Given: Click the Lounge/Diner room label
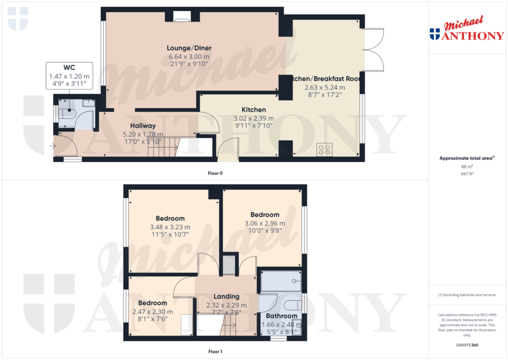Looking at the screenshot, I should point(189,48).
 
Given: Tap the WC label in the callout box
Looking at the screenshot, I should point(69,68).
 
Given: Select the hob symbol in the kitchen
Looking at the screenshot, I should point(324,149).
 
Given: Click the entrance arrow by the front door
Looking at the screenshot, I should point(53,146).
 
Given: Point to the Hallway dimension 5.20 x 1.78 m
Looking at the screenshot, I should point(143,134).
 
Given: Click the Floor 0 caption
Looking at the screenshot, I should point(215,173).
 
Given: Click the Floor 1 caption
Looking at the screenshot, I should point(215,352).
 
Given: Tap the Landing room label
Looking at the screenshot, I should point(226,296).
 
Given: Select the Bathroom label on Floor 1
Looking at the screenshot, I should point(281,316).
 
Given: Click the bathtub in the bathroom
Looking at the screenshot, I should point(281,281).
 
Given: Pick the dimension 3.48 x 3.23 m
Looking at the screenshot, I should point(170,227).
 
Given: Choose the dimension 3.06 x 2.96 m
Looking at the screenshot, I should point(265,223).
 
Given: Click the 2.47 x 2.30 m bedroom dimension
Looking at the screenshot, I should point(152,311).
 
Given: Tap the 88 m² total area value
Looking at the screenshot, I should point(467,167).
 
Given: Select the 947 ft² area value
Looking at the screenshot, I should point(467,174).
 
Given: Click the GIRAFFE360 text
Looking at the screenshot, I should point(467,345).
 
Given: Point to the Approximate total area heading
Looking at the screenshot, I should point(466,158).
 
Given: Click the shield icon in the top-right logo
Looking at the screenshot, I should point(435,34).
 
